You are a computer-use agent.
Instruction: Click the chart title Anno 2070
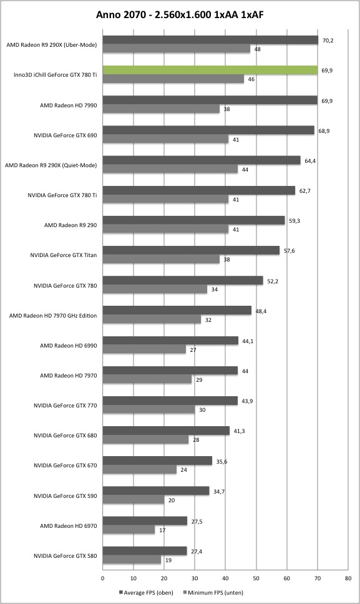click(x=120, y=14)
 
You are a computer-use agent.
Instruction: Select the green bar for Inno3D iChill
click(x=210, y=70)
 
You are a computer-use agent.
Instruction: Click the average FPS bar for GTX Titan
click(x=191, y=250)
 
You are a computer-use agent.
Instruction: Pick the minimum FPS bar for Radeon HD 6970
click(x=129, y=530)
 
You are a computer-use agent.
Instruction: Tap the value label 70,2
click(x=328, y=40)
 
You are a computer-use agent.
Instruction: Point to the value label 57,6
click(x=289, y=251)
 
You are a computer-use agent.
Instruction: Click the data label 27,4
click(x=197, y=551)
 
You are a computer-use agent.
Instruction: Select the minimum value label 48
click(x=257, y=49)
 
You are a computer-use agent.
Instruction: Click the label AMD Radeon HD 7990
click(x=69, y=105)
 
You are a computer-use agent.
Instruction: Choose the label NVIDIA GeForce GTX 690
click(x=66, y=135)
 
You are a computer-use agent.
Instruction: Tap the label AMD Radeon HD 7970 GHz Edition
click(x=53, y=316)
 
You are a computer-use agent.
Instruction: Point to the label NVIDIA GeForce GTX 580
click(x=66, y=556)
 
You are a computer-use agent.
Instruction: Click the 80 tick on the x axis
click(x=348, y=578)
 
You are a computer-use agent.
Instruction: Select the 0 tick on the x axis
click(x=102, y=578)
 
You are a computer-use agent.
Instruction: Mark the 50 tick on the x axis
click(x=256, y=578)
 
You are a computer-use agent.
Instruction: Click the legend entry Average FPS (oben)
click(x=147, y=592)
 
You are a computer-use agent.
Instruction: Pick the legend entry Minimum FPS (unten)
click(x=213, y=592)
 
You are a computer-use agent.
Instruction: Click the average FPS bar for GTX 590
click(x=156, y=490)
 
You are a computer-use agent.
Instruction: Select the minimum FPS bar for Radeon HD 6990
click(x=144, y=350)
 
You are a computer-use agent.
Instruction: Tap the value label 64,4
click(x=310, y=160)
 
